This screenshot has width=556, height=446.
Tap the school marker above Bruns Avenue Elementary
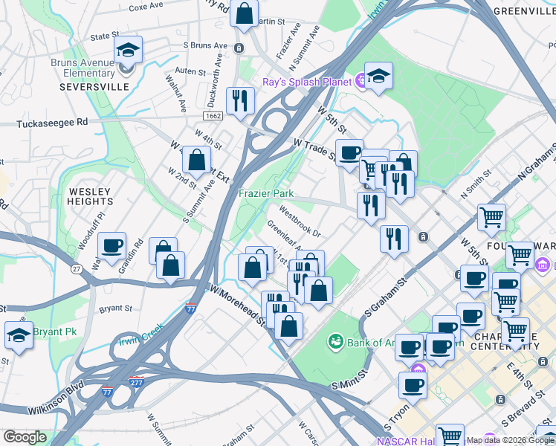coord(129,52)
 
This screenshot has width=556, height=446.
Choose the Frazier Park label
coord(266,193)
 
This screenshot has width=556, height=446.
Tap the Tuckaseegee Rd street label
coord(52,123)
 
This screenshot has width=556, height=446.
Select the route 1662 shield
coord(212,117)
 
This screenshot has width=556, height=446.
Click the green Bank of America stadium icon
coord(336,341)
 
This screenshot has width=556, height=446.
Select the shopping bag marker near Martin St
coord(244,13)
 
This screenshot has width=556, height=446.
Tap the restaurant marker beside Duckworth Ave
coord(239,102)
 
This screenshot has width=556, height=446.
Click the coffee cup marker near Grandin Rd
coord(111,246)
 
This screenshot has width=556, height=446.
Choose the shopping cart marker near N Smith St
coord(491,218)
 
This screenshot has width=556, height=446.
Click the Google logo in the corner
coord(25,437)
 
